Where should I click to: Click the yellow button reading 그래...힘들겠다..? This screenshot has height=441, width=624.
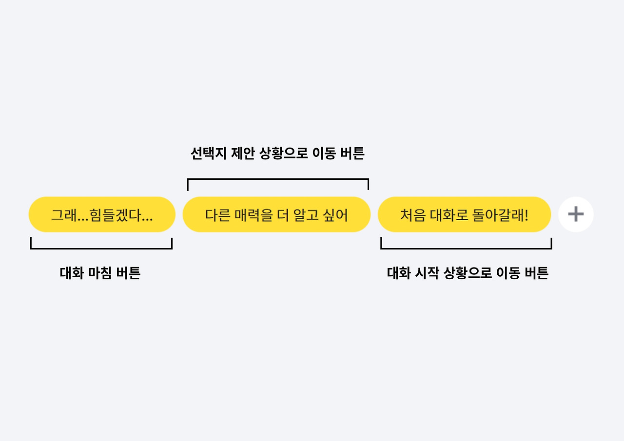point(102,214)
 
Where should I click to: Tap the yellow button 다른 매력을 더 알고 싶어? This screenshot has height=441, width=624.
point(276,214)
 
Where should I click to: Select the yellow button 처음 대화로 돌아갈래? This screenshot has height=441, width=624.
point(464,214)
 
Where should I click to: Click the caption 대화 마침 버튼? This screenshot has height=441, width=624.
point(100,273)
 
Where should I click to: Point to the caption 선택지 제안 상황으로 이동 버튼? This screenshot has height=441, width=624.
point(277,154)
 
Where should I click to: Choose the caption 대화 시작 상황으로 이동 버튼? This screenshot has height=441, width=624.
point(468,273)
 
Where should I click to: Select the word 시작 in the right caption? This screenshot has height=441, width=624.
point(427,273)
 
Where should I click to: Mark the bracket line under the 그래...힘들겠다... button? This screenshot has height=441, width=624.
point(101,249)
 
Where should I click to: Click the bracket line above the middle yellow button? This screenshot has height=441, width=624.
point(278,179)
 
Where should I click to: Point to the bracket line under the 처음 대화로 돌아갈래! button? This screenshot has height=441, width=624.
point(466,249)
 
